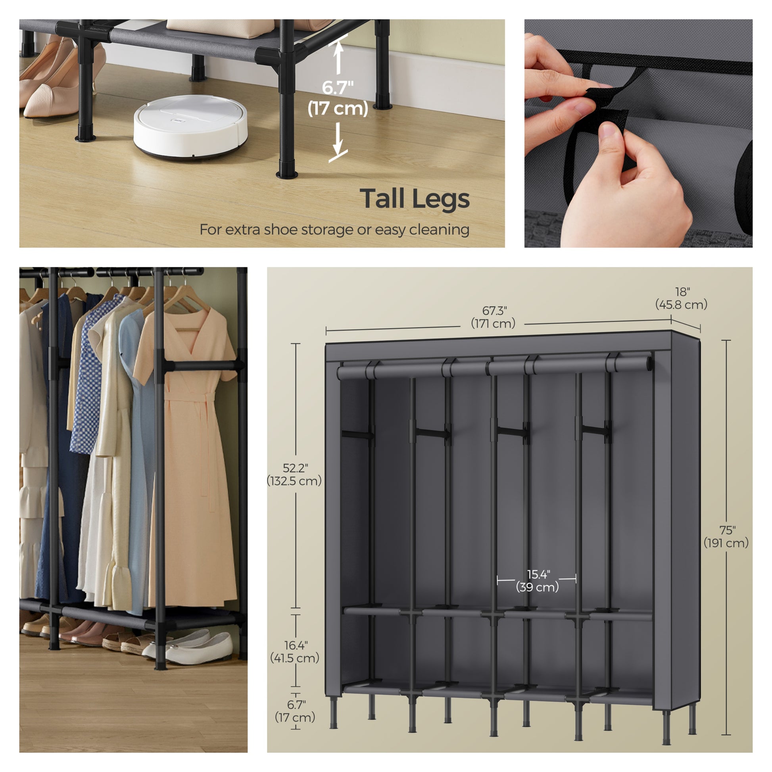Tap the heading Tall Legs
click(x=415, y=200)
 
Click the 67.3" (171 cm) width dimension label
click(x=494, y=317)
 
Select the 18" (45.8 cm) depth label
click(x=681, y=298)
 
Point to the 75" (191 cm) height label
click(x=726, y=536)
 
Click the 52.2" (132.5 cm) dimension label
click(x=294, y=474)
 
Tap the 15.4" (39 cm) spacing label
click(x=538, y=581)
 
